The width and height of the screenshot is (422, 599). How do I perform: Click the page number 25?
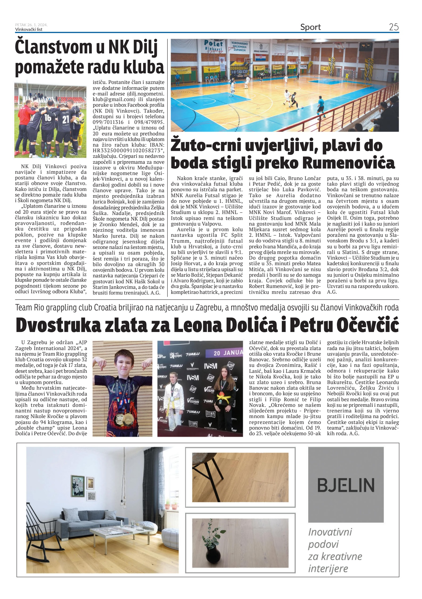[394, 27]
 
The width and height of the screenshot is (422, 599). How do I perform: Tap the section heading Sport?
[310, 27]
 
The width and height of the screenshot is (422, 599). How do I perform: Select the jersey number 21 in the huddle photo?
[65, 119]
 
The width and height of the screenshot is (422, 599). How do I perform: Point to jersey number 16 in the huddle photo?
[48, 118]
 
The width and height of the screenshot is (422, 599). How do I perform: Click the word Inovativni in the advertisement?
[330, 532]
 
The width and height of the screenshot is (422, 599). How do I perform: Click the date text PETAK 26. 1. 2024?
[31, 25]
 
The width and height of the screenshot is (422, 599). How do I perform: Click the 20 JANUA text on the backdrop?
[228, 353]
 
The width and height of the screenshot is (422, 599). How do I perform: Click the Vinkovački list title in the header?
[29, 30]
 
